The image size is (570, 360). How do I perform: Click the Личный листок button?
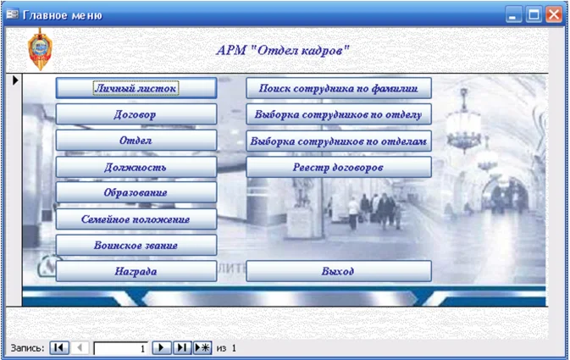point(136,87)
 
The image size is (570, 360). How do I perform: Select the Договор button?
point(136,114)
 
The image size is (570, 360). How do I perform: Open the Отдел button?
point(136,140)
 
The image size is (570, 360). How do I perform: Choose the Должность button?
point(136,167)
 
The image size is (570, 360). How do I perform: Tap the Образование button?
point(136,193)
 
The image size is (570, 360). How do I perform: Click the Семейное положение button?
point(136,219)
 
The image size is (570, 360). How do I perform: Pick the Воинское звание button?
point(136,246)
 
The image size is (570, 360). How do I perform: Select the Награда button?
point(136,271)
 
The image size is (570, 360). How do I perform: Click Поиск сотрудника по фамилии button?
point(339,87)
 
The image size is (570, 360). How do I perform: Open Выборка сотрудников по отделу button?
point(339,114)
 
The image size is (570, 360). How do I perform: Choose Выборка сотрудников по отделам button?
point(339,141)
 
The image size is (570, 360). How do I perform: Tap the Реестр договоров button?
point(339,167)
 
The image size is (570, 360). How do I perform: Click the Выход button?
point(339,271)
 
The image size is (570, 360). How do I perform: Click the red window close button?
point(554,14)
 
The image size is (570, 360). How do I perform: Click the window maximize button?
point(534,14)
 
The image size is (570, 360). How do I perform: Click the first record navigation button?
point(58,347)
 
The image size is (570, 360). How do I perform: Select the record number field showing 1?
point(120,347)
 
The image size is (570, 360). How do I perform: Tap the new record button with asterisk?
point(202,347)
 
